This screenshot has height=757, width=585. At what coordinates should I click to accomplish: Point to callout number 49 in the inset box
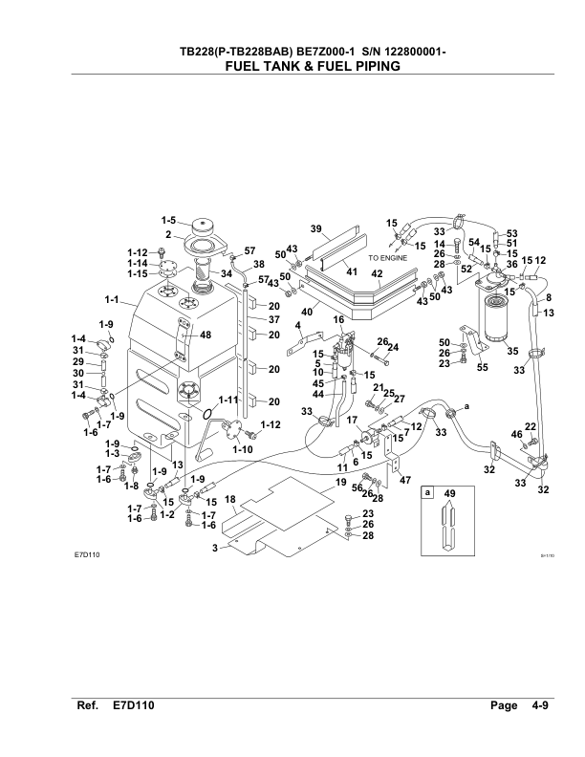tap(448, 495)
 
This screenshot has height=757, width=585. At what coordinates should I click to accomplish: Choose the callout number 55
tap(484, 366)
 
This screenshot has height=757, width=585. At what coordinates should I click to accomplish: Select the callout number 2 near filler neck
tap(168, 234)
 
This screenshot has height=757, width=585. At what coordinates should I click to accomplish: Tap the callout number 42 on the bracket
tap(377, 274)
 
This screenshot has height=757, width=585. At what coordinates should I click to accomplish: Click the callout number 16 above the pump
tap(337, 319)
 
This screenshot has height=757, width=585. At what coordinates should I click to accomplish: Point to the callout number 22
tap(531, 426)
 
